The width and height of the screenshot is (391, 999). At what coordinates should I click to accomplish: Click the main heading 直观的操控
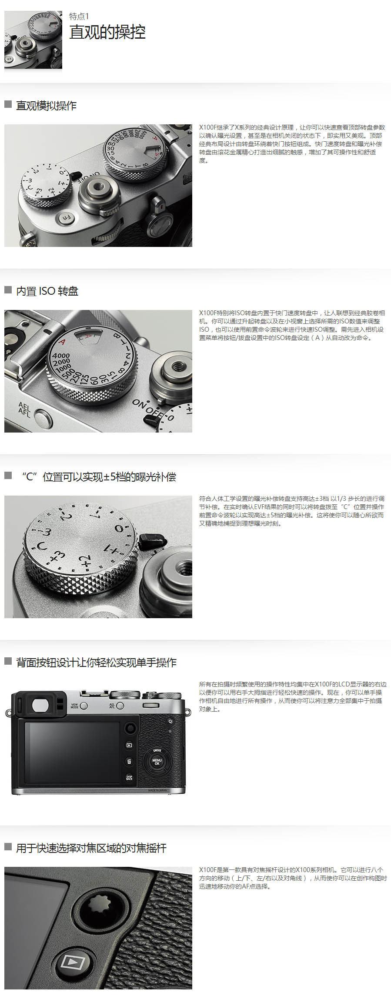[x=107, y=32]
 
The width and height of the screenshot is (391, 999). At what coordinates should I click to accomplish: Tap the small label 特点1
[x=79, y=16]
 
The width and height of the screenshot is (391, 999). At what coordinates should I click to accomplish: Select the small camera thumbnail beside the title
[x=33, y=40]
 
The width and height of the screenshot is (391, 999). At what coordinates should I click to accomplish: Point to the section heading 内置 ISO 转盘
[x=47, y=291]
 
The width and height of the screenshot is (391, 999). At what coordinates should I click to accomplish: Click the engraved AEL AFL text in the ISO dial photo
[x=24, y=410]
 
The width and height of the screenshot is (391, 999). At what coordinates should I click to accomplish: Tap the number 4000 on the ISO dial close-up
[x=61, y=356]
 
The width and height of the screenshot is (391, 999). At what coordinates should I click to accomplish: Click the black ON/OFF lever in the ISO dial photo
[x=152, y=420]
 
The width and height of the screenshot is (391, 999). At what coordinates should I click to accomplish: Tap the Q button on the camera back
[x=170, y=721]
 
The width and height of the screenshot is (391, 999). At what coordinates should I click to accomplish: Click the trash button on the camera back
[x=129, y=761]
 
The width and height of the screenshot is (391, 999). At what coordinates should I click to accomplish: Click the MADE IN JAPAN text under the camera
[x=157, y=790]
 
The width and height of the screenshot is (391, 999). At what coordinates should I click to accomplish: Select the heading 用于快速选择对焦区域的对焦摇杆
[x=91, y=848]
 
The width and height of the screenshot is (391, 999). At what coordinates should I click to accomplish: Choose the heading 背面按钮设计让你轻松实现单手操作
[x=96, y=662]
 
